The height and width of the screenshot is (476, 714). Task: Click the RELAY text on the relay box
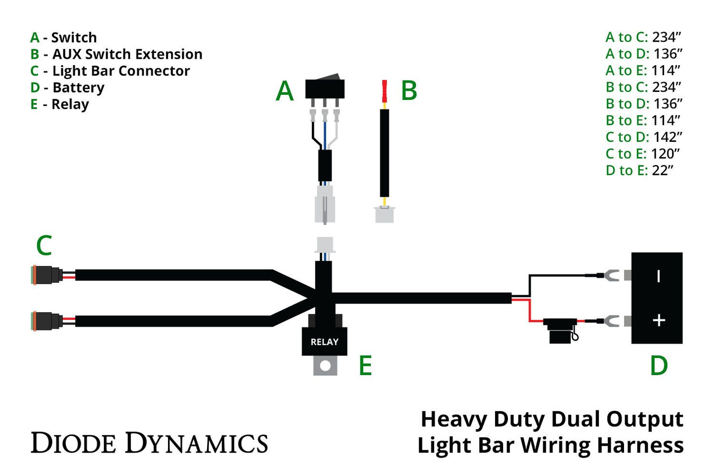click(x=324, y=342)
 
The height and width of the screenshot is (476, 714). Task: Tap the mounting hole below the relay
click(x=325, y=366)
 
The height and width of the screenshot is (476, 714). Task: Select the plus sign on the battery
click(x=658, y=320)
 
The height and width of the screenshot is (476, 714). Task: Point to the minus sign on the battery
click(x=658, y=276)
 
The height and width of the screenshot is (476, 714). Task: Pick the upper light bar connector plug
click(x=47, y=275)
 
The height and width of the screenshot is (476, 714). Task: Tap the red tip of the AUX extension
click(x=384, y=91)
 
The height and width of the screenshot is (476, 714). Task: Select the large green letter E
click(x=365, y=366)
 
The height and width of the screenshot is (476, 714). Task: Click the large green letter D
click(x=659, y=366)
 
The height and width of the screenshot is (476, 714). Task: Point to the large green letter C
click(x=44, y=246)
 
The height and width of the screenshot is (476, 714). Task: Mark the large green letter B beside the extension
click(x=409, y=91)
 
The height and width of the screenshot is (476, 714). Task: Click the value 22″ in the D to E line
click(x=663, y=171)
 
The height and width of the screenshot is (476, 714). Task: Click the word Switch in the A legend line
click(x=74, y=38)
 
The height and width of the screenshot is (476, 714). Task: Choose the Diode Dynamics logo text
click(x=149, y=443)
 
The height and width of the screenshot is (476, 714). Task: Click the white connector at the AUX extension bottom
click(x=384, y=215)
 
